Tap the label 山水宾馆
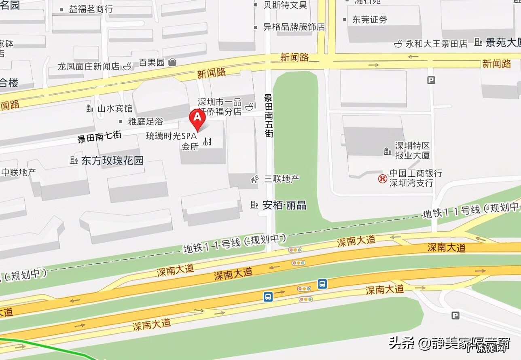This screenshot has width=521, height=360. [115, 108]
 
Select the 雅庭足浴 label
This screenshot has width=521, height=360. [145, 121]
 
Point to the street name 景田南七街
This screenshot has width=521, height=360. [100, 139]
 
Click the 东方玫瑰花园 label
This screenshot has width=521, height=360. [112, 161]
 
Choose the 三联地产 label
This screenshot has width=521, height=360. [282, 178]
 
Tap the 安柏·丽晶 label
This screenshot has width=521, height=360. [284, 205]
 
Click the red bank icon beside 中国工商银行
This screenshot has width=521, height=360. [382, 178]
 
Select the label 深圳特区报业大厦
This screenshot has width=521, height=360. [412, 150]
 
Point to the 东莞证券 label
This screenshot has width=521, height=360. [369, 19]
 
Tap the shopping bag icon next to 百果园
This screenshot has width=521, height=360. [173, 62]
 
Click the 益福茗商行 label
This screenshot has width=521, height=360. [91, 9]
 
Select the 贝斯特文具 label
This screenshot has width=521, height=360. [285, 5]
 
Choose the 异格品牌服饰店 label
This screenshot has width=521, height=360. [294, 27]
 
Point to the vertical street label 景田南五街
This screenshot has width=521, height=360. [269, 115]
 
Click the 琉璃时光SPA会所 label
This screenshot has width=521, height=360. [172, 141]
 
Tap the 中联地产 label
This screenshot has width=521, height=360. [19, 172]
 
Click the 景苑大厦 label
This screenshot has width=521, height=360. [503, 42]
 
